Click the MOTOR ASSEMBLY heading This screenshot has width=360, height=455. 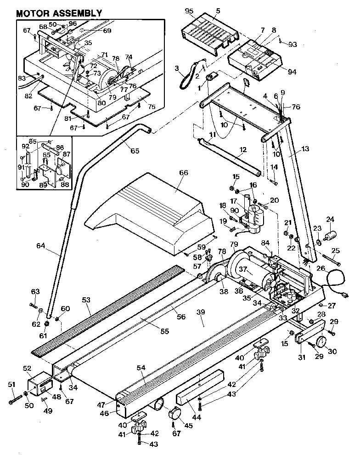tap(59, 13)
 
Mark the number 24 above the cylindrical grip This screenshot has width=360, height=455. tap(330, 219)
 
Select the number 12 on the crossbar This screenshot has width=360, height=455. tap(243, 149)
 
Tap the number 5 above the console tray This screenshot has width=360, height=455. tap(218, 10)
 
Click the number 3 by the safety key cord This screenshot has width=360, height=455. tap(177, 68)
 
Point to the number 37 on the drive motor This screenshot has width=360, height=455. tap(243, 270)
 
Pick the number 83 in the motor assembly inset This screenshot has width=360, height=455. tap(22, 78)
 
